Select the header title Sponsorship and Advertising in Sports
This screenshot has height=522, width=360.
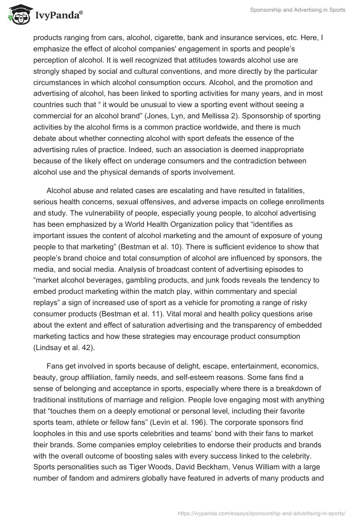pyautogui.click(x=298, y=10)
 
